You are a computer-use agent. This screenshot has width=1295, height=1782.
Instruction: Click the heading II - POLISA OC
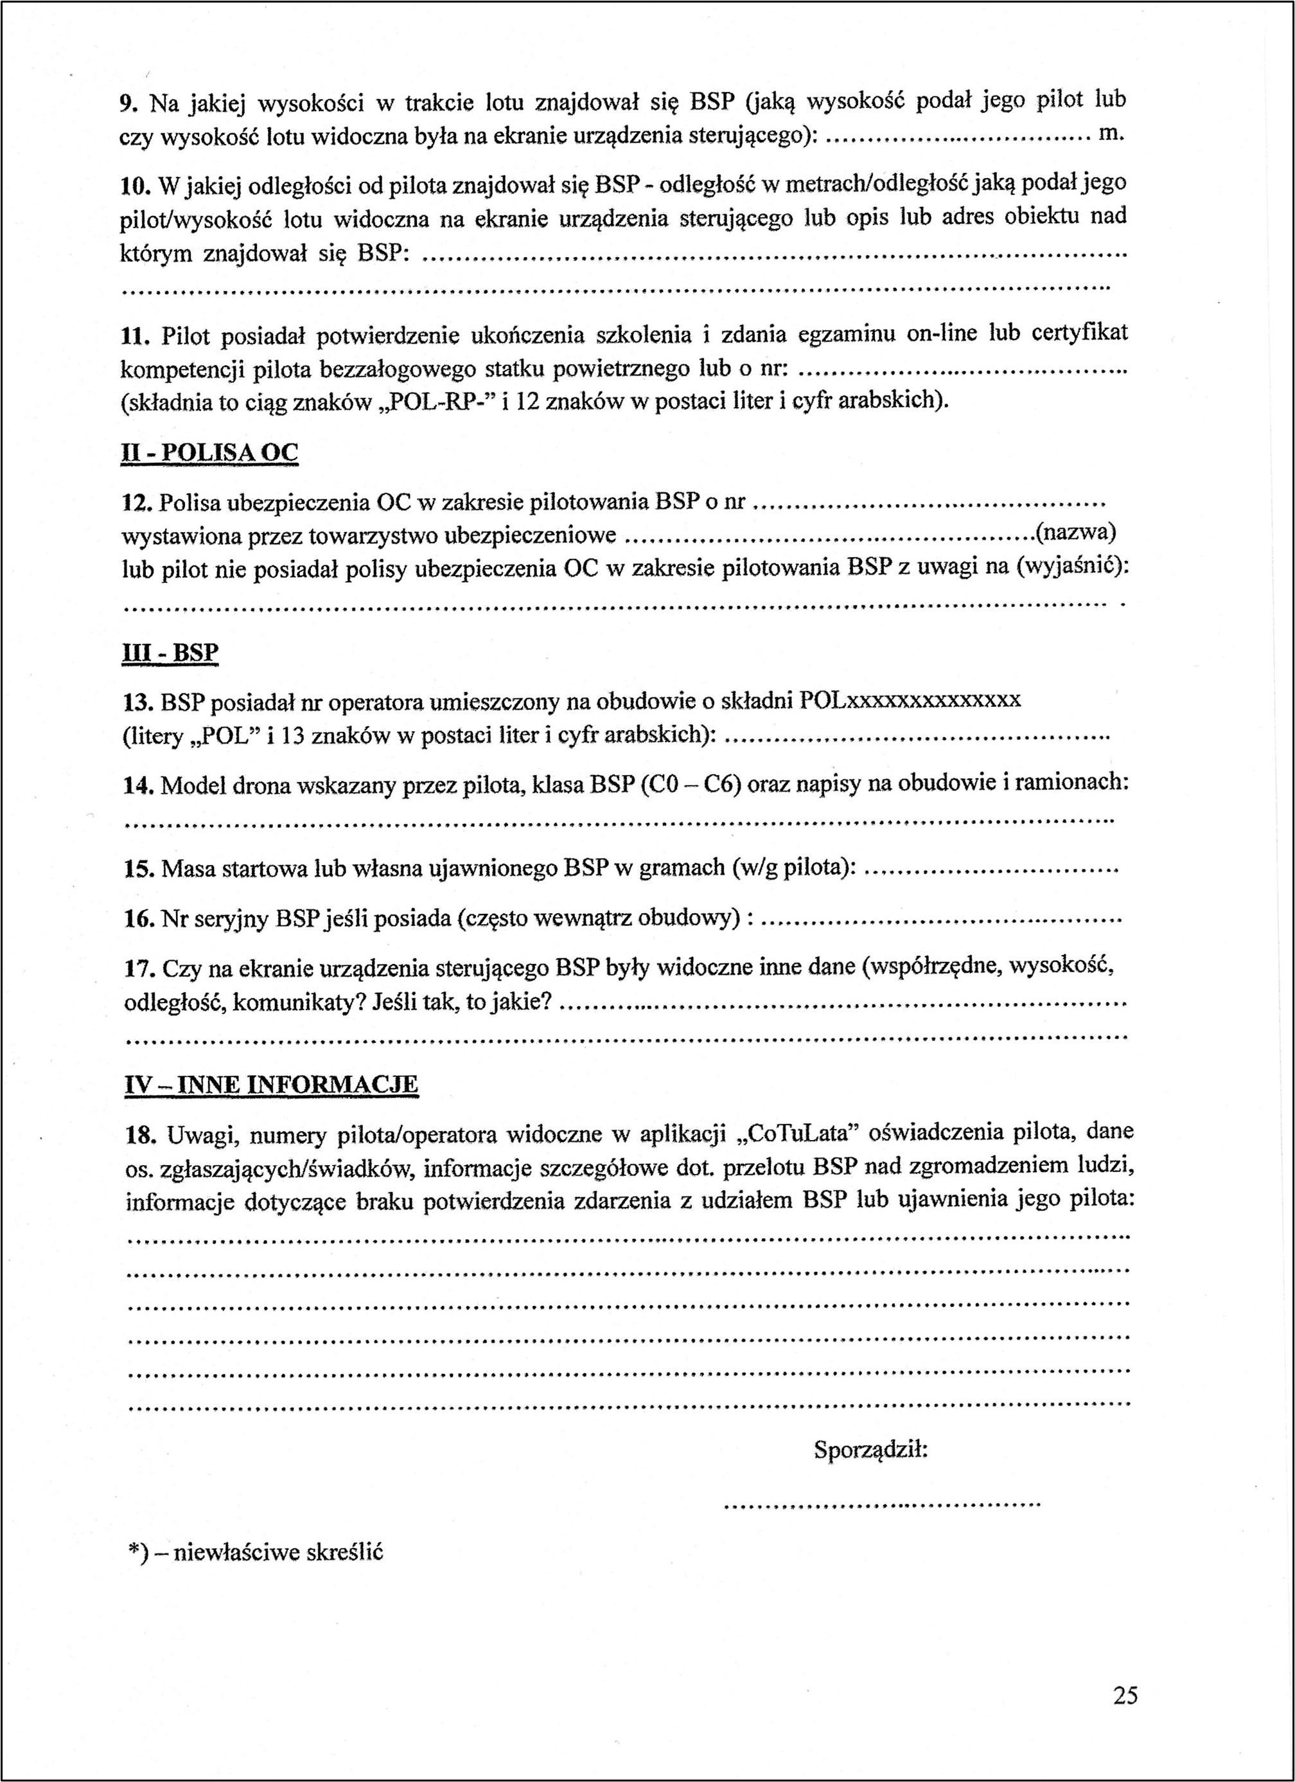click(209, 453)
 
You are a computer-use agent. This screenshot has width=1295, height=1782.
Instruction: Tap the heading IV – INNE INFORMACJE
click(272, 1085)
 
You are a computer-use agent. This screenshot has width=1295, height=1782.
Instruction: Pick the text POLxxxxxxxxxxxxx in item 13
click(910, 699)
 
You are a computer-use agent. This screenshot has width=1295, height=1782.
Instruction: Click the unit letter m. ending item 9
click(1111, 134)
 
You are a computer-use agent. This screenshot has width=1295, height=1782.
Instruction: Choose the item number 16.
click(138, 918)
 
